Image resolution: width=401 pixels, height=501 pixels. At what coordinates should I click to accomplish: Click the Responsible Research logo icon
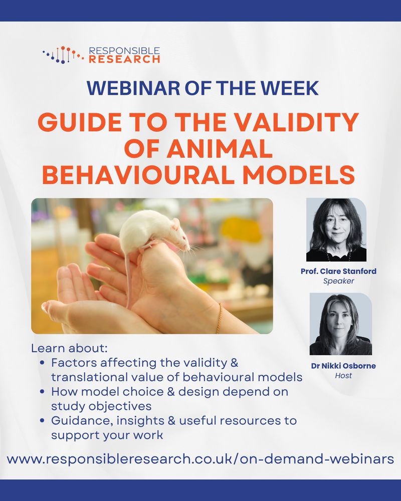click(x=63, y=55)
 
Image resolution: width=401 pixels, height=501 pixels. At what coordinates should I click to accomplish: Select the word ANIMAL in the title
click(x=220, y=148)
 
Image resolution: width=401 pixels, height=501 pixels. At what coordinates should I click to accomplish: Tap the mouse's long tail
click(x=128, y=278)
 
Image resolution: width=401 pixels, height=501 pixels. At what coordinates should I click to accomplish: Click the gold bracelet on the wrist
click(x=220, y=318)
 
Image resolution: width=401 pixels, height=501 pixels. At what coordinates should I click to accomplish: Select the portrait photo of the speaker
click(x=336, y=229)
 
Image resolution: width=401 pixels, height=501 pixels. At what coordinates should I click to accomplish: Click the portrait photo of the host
click(x=340, y=324)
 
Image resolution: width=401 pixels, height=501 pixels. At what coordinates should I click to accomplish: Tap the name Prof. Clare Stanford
click(x=338, y=271)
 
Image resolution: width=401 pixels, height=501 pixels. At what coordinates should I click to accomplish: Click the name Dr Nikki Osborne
click(x=343, y=366)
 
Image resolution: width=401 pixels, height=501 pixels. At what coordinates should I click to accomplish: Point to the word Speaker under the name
click(x=338, y=281)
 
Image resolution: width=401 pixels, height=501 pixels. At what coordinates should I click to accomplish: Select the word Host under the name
click(x=343, y=375)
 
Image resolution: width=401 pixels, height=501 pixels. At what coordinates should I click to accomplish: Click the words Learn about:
click(x=69, y=348)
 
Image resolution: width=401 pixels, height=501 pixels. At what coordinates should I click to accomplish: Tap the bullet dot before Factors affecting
click(x=42, y=363)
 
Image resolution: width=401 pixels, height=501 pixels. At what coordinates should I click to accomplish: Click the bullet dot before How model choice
click(x=42, y=392)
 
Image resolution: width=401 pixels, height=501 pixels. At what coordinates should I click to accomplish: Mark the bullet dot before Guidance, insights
click(x=42, y=420)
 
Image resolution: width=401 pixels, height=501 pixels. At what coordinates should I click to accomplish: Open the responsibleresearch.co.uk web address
click(x=200, y=459)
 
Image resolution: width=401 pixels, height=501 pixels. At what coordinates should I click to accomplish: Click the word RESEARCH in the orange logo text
click(x=124, y=59)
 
